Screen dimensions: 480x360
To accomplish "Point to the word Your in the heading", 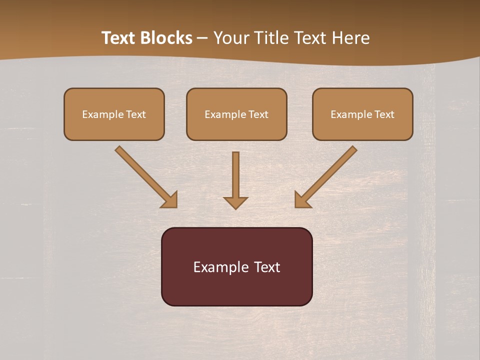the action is click(230, 38).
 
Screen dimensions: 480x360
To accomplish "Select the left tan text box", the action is click(114, 114).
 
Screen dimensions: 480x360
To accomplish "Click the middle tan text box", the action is click(236, 114).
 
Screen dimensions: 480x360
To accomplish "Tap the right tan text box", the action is click(362, 114).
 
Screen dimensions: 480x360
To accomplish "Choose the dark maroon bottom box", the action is click(236, 266).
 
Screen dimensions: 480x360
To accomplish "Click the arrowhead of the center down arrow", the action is click(235, 202).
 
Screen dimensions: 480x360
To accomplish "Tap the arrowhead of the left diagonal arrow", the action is click(170, 200).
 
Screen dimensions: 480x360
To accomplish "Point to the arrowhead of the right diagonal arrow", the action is click(301, 200).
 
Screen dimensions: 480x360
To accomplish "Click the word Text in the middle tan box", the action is click(258, 114).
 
